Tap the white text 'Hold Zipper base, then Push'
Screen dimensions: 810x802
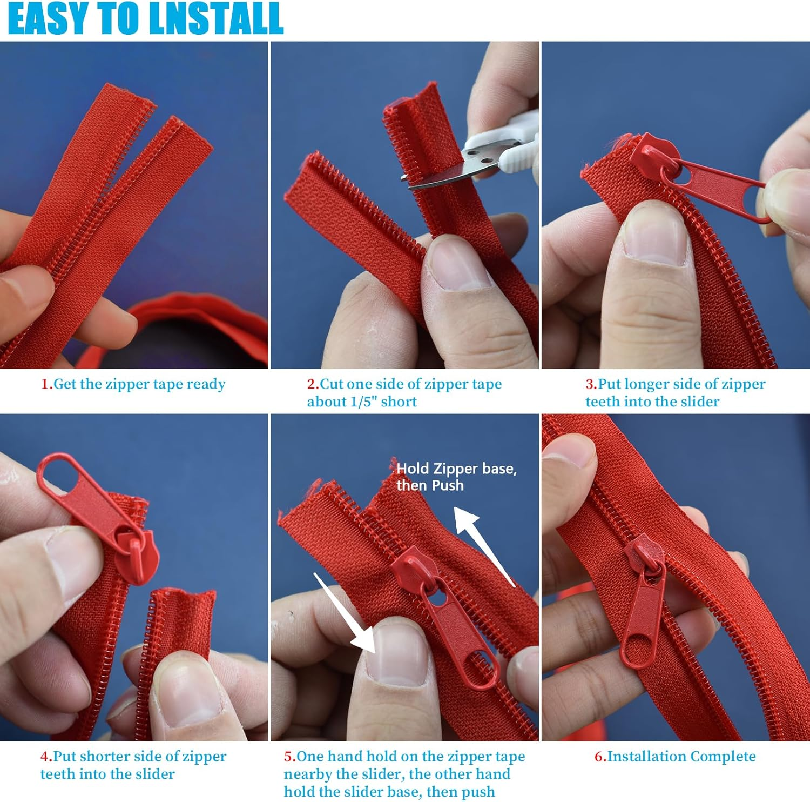coord(457,477)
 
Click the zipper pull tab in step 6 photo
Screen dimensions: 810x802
coord(643,611)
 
